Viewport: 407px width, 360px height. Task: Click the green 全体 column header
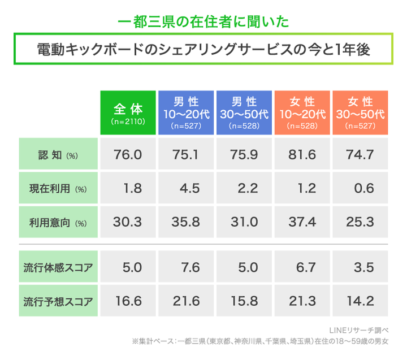128,112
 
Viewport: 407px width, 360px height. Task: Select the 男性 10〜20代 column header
186,112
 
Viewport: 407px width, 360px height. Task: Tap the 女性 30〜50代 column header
360,112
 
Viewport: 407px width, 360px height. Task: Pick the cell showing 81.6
302,154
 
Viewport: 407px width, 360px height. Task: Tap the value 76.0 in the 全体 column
128,154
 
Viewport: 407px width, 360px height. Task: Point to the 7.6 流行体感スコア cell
186,266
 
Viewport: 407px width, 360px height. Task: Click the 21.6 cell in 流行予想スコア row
186,301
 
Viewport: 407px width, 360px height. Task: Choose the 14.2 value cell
360,301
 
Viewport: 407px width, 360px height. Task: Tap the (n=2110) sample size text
128,122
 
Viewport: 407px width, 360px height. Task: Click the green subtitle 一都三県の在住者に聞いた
203,22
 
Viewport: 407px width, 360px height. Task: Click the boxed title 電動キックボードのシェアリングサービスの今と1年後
203,50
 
